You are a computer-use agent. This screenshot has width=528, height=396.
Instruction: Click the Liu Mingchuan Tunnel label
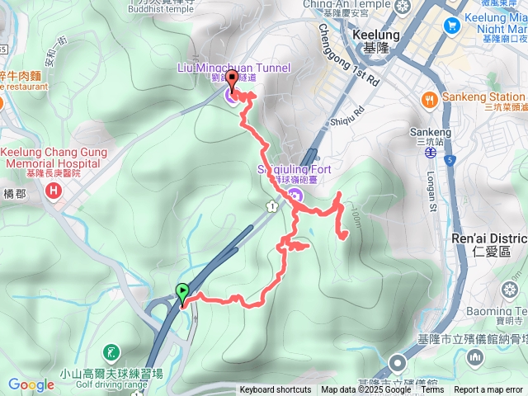[233, 66]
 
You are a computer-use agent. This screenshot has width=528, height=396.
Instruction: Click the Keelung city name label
[375, 35]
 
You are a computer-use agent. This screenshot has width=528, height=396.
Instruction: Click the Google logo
[31, 384]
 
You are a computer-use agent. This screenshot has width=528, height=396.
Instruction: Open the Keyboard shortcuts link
[276, 390]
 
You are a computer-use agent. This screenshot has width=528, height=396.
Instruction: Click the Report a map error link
[488, 390]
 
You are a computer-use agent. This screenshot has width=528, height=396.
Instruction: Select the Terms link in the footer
[432, 390]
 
